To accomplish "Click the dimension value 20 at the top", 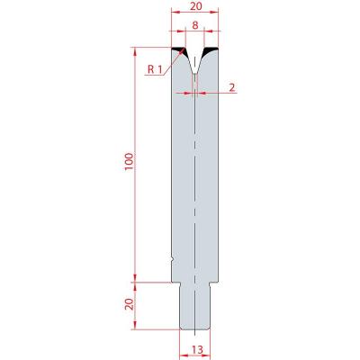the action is click(x=196, y=6).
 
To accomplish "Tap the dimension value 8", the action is click(x=195, y=25).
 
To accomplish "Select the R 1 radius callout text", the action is click(x=155, y=70).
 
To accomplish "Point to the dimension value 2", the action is click(x=232, y=87).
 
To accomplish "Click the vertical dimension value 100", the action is click(x=129, y=162).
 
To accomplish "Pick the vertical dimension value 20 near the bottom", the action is click(x=129, y=304).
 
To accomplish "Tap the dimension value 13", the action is click(x=197, y=349).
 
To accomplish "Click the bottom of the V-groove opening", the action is click(x=195, y=73).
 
